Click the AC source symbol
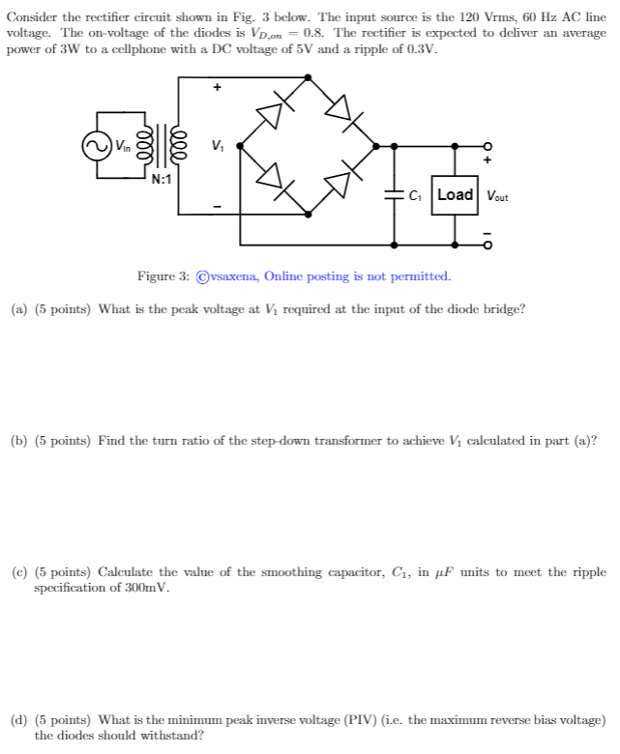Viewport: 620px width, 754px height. pos(96,146)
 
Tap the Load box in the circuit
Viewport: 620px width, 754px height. pos(455,194)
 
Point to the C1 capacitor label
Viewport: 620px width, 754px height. pos(415,195)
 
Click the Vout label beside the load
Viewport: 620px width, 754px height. pos(498,195)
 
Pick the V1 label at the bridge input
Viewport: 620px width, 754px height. pos(218,146)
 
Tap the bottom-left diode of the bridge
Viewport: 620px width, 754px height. pos(272,179)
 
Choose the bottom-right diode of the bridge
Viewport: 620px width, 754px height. pos(340,179)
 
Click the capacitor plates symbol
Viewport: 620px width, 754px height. pos(394,194)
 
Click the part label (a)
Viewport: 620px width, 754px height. pos(18,309)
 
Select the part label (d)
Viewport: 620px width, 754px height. pos(18,720)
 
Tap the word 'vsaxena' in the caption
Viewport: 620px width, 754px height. pos(226,276)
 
